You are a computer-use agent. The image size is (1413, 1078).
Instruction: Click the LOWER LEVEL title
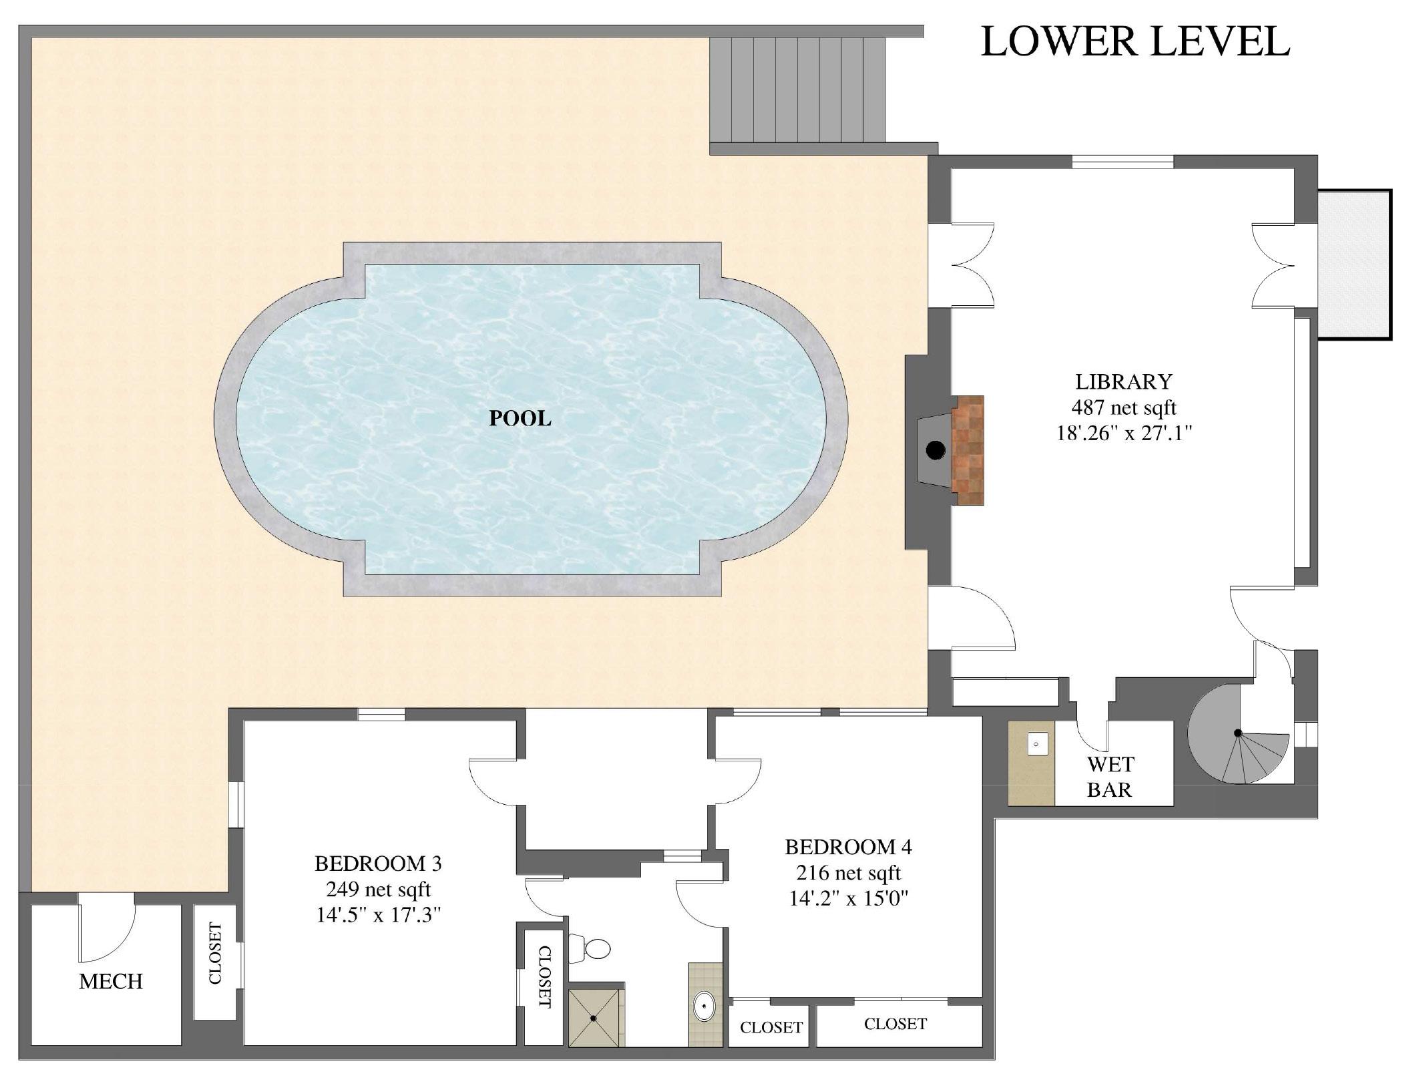pyautogui.click(x=1135, y=41)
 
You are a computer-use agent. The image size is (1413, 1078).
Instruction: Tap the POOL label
pyautogui.click(x=520, y=418)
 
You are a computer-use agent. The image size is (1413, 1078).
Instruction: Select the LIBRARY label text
pyautogui.click(x=1124, y=381)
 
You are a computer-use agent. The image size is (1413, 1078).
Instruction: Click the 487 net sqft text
pyautogui.click(x=1124, y=407)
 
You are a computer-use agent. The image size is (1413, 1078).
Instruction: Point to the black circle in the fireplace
pyautogui.click(x=936, y=451)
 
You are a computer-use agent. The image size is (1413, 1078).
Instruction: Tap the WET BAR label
pyautogui.click(x=1110, y=777)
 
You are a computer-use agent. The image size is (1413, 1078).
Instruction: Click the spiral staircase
pyautogui.click(x=1239, y=733)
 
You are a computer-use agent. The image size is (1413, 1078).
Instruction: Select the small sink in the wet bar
pyautogui.click(x=1036, y=743)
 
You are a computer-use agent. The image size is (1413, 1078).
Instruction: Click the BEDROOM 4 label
pyautogui.click(x=848, y=847)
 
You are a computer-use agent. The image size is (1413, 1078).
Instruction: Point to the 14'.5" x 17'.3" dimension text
pyautogui.click(x=379, y=915)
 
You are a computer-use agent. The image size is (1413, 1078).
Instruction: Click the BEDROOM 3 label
pyautogui.click(x=378, y=864)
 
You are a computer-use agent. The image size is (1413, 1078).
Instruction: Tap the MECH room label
pyautogui.click(x=111, y=981)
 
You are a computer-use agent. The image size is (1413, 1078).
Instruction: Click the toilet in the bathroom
pyautogui.click(x=590, y=948)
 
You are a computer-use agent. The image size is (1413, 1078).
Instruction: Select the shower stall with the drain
pyautogui.click(x=594, y=1018)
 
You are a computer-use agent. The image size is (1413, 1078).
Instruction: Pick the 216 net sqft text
pyautogui.click(x=848, y=873)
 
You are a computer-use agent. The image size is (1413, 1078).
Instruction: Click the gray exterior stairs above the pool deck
pyautogui.click(x=797, y=89)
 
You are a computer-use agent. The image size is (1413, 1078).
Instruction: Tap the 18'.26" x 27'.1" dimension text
pyautogui.click(x=1124, y=433)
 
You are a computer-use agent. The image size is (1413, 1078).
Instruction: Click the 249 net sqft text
pyautogui.click(x=378, y=890)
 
